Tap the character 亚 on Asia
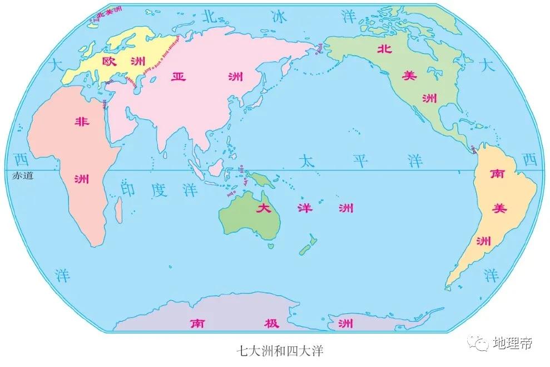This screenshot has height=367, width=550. pyautogui.click(x=177, y=77)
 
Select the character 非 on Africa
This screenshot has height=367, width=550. pyautogui.click(x=81, y=123)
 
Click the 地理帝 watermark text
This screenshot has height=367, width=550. pyautogui.click(x=511, y=344)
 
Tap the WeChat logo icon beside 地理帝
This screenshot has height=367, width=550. pyautogui.click(x=478, y=342)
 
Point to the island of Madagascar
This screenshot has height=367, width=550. pyautogui.click(x=118, y=212)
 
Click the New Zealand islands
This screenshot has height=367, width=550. pyautogui.click(x=306, y=245)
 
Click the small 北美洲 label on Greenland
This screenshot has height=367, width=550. pyautogui.click(x=108, y=14)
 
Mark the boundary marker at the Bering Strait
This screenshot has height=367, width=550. pyautogui.click(x=319, y=51)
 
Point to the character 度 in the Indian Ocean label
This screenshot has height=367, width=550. pyautogui.click(x=160, y=189)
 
